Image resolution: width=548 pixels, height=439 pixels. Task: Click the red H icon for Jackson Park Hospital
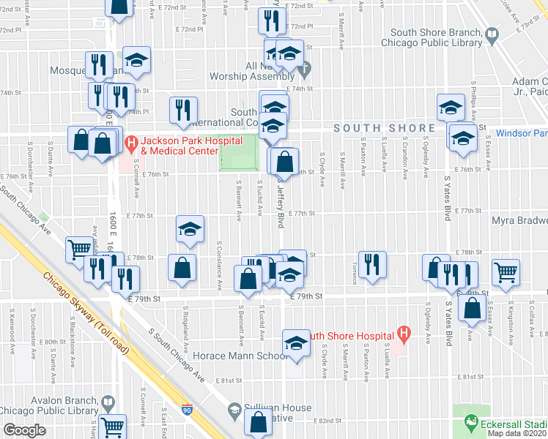tap(132, 142)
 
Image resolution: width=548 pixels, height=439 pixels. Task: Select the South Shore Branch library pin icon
tap(492, 33)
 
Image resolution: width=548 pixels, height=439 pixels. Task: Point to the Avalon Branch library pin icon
tap(108, 401)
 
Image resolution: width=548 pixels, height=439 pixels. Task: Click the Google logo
tap(24, 430)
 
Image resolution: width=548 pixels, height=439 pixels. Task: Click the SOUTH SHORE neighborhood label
tap(385, 128)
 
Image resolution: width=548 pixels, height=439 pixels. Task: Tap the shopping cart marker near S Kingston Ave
tap(506, 272)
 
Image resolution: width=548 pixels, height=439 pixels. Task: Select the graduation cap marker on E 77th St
tap(190, 230)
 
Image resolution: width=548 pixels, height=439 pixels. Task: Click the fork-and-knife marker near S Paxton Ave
tap(373, 264)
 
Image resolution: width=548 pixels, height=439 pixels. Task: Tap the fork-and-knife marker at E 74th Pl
tap(183, 110)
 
